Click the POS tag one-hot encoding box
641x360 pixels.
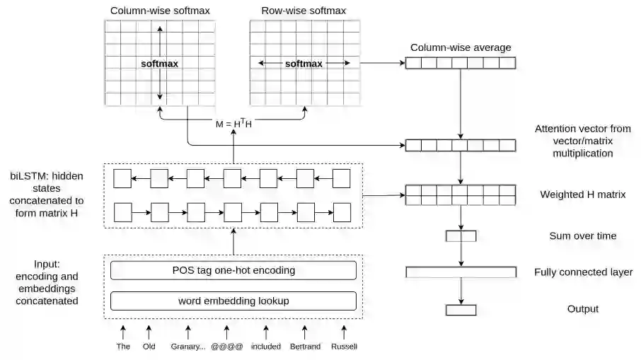pyautogui.click(x=233, y=270)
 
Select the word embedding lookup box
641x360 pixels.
pyautogui.click(x=233, y=301)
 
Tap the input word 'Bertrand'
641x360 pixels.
pyautogui.click(x=305, y=347)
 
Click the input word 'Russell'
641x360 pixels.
pyautogui.click(x=344, y=347)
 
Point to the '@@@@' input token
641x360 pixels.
pyautogui.click(x=227, y=347)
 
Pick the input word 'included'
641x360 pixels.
pyautogui.click(x=266, y=347)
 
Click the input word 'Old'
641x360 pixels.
pyautogui.click(x=149, y=347)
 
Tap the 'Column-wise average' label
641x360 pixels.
pyautogui.click(x=461, y=47)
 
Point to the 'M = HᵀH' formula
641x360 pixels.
pyautogui.click(x=233, y=124)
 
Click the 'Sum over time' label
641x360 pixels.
pyautogui.click(x=582, y=236)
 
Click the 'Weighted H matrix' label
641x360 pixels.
pyautogui.click(x=582, y=194)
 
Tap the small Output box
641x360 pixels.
pyautogui.click(x=461, y=309)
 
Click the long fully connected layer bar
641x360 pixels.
pyautogui.click(x=461, y=272)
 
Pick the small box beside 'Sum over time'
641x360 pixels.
pyautogui.click(x=461, y=236)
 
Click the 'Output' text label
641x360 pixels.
pyautogui.click(x=582, y=309)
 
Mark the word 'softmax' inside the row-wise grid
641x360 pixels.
pyautogui.click(x=304, y=64)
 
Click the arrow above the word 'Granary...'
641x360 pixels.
pyautogui.click(x=188, y=330)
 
